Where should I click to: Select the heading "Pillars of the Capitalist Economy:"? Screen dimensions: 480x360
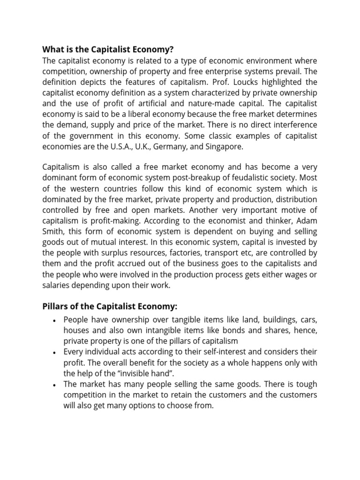point(110,307)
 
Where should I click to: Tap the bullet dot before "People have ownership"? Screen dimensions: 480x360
point(55,320)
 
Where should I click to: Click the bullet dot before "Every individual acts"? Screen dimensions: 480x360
point(55,352)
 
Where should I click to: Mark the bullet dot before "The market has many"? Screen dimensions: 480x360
point(55,385)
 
